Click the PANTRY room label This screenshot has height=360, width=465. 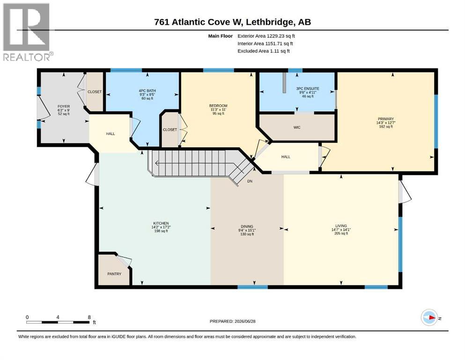[114, 274]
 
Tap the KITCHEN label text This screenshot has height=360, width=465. [161, 223]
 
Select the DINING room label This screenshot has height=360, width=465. [247, 226]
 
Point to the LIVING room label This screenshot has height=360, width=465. [341, 226]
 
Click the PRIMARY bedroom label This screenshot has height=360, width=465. [386, 119]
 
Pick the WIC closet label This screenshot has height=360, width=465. [297, 127]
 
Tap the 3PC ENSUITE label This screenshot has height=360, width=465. [308, 89]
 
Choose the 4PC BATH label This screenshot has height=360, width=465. [147, 91]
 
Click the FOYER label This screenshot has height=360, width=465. [64, 106]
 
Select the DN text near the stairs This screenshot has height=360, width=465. [250, 181]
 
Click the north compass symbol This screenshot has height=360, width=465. [429, 318]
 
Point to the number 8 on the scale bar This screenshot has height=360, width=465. [89, 317]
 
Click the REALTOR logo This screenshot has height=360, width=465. [27, 32]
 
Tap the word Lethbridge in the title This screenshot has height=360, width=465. [270, 22]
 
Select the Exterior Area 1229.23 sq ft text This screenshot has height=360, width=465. [266, 36]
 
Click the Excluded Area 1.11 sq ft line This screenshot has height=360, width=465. [264, 51]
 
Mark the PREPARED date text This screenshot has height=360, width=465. [232, 321]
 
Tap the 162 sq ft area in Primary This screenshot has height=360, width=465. [386, 127]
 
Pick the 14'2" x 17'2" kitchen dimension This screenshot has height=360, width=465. [161, 227]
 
